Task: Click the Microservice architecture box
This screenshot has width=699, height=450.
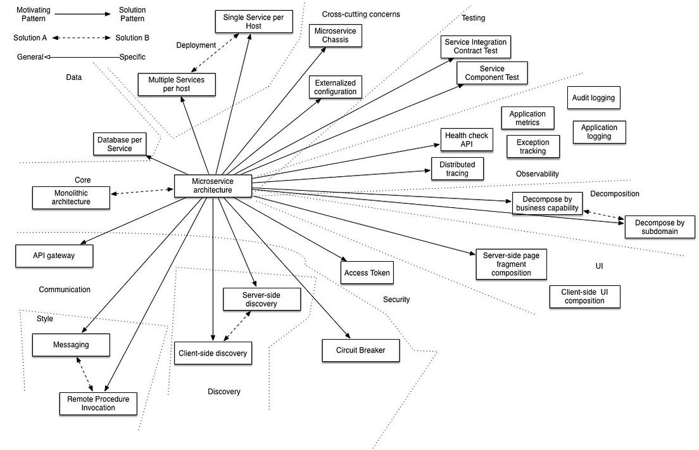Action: pyautogui.click(x=213, y=185)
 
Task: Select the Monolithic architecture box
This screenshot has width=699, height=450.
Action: pyautogui.click(x=71, y=197)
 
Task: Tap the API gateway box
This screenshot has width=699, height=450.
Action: pyautogui.click(x=54, y=255)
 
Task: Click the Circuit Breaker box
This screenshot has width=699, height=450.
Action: pyautogui.click(x=361, y=350)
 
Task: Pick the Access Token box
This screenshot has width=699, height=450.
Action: pyautogui.click(x=367, y=273)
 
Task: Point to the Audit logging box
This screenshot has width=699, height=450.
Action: pyautogui.click(x=593, y=98)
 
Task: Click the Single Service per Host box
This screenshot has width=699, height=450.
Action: pyautogui.click(x=254, y=22)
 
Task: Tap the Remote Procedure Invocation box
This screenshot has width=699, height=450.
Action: pyautogui.click(x=98, y=403)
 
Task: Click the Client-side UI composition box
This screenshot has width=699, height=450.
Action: pyautogui.click(x=584, y=296)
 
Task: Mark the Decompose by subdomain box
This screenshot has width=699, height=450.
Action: pyautogui.click(x=660, y=227)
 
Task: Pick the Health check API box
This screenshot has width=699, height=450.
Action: pyautogui.click(x=467, y=140)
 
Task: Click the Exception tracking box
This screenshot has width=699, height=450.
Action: pyautogui.click(x=532, y=147)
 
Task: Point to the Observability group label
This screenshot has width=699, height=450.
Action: pyautogui.click(x=537, y=174)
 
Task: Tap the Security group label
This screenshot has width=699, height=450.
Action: pyautogui.click(x=396, y=299)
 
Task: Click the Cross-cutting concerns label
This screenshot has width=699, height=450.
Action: pyautogui.click(x=361, y=14)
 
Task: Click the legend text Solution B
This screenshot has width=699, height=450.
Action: pyautogui.click(x=132, y=38)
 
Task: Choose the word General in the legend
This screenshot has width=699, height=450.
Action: pyautogui.click(x=29, y=57)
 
